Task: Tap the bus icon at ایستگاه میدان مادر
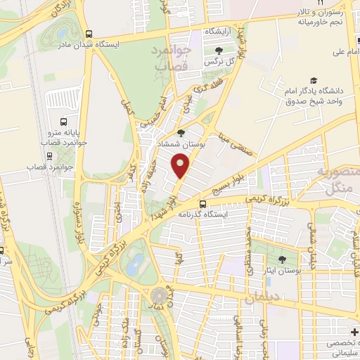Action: click(x=89, y=33)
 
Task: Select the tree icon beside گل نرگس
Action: click(x=219, y=50)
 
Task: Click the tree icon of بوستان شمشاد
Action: click(x=181, y=132)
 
